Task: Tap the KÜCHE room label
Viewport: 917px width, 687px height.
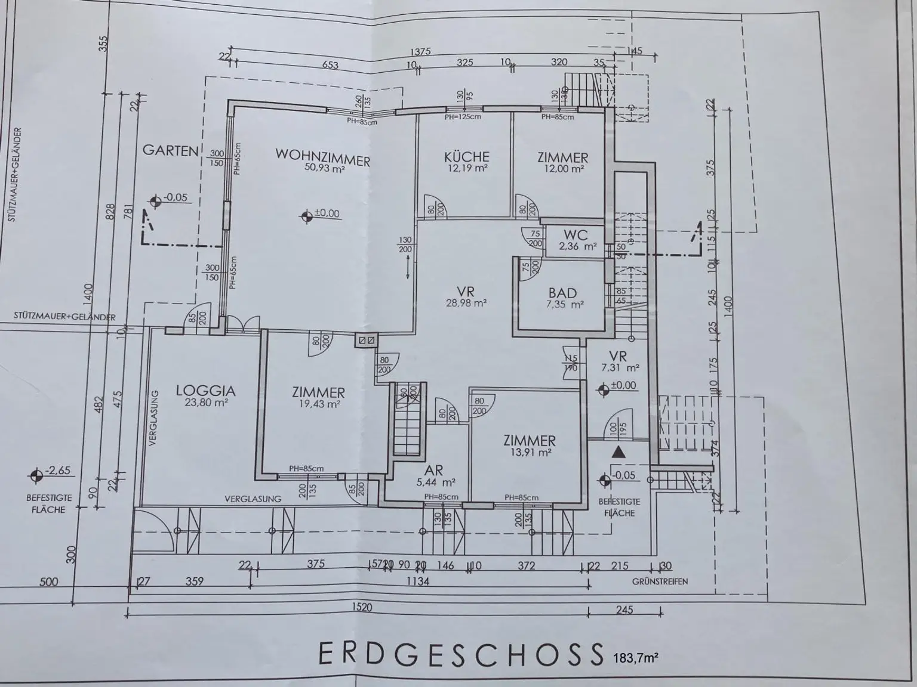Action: coord(467,157)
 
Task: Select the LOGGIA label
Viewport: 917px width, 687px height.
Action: coord(205,391)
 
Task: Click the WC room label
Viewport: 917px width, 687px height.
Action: coord(575,235)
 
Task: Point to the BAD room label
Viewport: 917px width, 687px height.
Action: coord(562,293)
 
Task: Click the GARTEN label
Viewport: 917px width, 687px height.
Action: coord(170,150)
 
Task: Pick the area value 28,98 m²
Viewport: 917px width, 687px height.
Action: coord(466,303)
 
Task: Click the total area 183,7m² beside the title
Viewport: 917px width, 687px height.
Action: coord(635,658)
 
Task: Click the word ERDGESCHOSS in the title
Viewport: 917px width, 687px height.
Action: coord(460,654)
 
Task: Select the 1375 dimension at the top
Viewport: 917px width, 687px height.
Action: coord(421,51)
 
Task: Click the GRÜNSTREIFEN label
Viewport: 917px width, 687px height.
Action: coord(660,581)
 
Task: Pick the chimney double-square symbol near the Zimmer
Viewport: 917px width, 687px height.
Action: coord(365,341)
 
